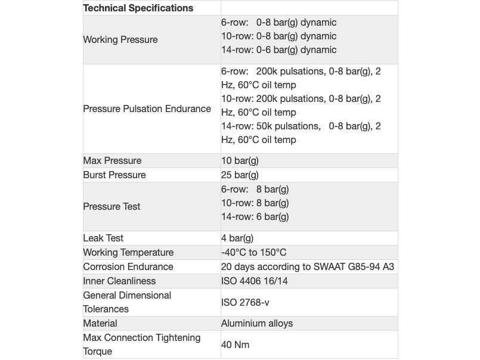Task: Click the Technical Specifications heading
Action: click(138, 8)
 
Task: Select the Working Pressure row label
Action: click(120, 40)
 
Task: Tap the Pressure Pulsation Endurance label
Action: click(147, 109)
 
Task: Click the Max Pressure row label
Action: click(112, 161)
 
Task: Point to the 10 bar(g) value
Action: click(240, 161)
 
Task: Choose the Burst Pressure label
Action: click(114, 175)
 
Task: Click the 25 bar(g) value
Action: click(240, 175)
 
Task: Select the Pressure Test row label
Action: click(112, 207)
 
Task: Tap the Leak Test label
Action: click(103, 238)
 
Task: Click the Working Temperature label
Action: click(128, 253)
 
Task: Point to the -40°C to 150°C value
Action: click(253, 253)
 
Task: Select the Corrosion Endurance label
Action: click(128, 267)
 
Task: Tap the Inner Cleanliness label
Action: click(119, 281)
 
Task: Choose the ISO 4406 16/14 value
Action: click(255, 281)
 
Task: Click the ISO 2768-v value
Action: click(245, 303)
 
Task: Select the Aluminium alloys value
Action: click(257, 324)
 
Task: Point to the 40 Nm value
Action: click(235, 345)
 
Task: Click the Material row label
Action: click(100, 324)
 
